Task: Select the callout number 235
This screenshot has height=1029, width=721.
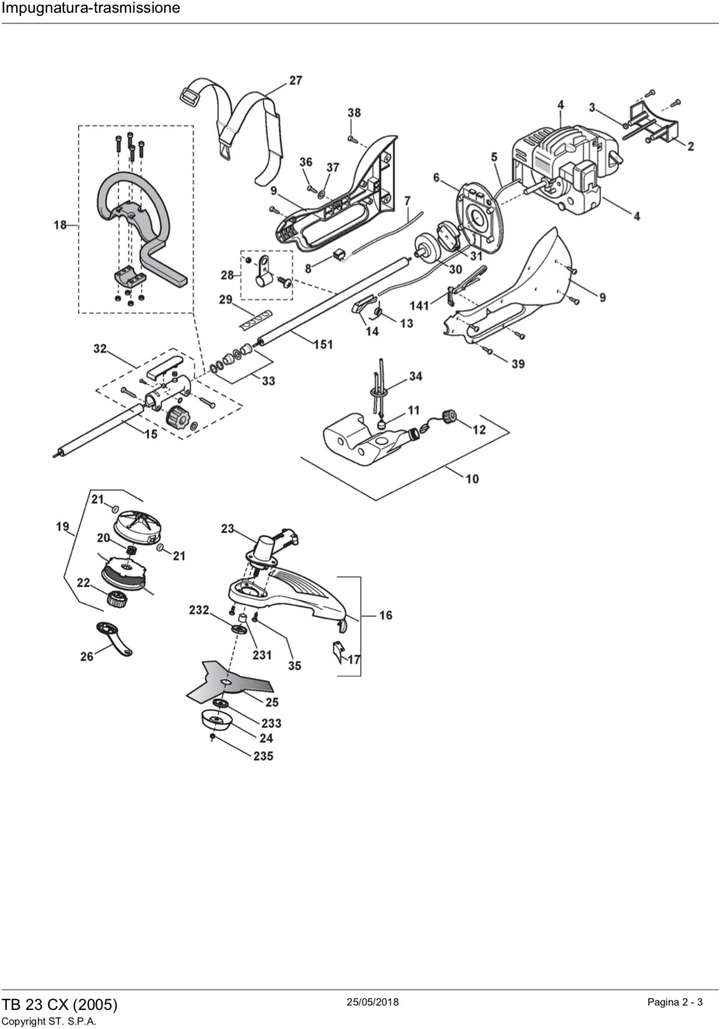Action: [x=263, y=756]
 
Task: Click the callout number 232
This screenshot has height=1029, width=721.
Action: [x=199, y=610]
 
